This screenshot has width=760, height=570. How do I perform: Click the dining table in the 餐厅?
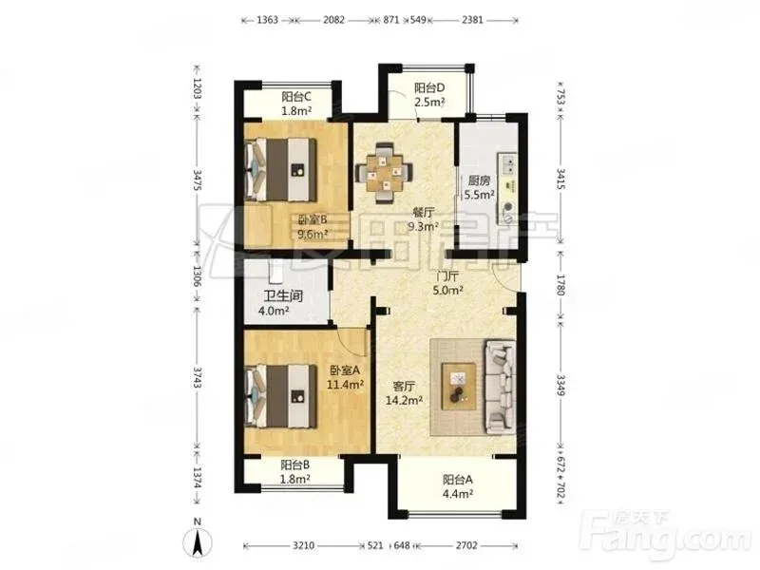pos(384,173)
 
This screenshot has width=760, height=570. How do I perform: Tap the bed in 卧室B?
pos(281,170)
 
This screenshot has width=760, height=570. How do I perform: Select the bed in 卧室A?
pos(281,396)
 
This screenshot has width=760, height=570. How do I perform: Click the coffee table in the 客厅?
pos(459,387)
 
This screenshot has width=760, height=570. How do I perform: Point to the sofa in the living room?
pos(501,387)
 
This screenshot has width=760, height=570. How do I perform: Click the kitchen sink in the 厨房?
pos(507,162)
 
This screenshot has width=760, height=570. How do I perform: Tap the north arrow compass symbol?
pos(198,538)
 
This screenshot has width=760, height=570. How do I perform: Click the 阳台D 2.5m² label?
pos(429,95)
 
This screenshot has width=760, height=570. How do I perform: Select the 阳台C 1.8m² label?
pos(296,104)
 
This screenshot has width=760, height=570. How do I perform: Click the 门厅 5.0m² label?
pos(447,283)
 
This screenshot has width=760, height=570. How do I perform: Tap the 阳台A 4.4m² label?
pos(458,486)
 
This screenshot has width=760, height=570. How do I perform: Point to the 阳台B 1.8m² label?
pos(295,472)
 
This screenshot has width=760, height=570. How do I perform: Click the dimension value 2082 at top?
pos(334,20)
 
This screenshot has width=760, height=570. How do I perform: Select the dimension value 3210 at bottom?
pos(303,545)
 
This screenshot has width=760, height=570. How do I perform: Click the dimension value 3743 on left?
pos(197,377)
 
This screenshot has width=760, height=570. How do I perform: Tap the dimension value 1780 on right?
pos(560,285)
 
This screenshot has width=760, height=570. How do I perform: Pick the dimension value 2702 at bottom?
pos(466,545)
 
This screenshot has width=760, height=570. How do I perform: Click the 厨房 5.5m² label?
pos(479,187)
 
